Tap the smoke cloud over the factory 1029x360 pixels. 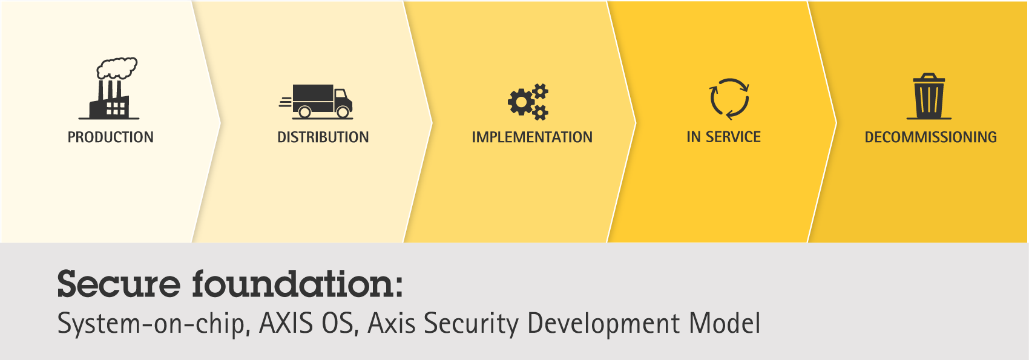(117, 68)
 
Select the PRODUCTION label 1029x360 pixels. (111, 137)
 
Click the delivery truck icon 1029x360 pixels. (316, 102)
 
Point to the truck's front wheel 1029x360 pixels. (343, 111)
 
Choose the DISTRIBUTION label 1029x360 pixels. (323, 137)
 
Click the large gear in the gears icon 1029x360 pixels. (521, 102)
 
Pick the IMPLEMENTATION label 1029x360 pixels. (532, 137)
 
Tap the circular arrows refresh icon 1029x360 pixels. (729, 99)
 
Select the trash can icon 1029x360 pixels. (929, 96)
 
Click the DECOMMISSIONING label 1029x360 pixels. (931, 137)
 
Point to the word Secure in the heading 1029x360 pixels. (119, 284)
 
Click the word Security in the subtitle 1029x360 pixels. (472, 324)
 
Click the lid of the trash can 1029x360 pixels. (929, 78)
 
